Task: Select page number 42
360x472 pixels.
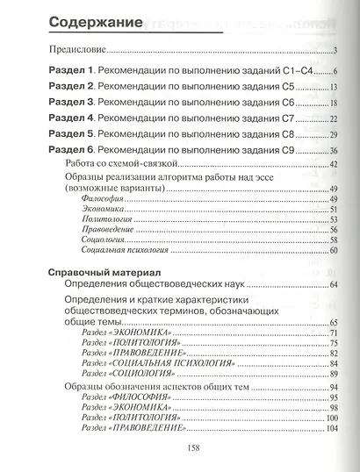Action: click(334, 165)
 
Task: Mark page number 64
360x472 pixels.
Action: click(334, 285)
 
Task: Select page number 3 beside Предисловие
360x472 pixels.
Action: click(336, 51)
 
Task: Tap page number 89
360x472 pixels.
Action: click(334, 374)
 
